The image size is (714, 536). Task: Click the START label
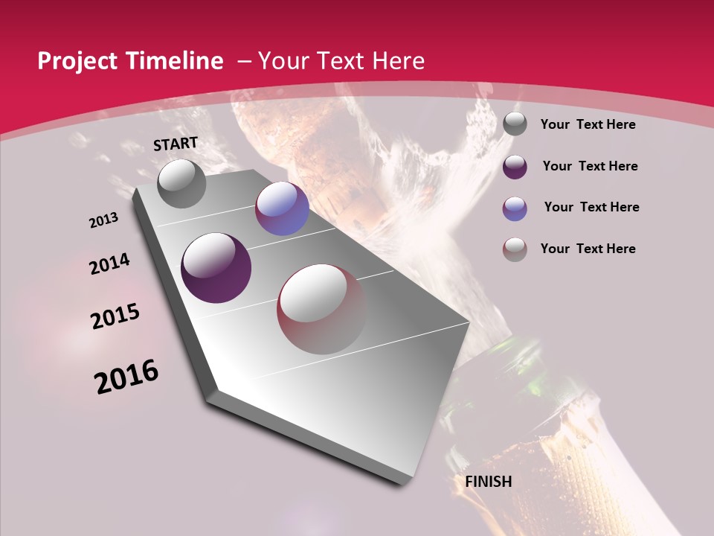pos(176,144)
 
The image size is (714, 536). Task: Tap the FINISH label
pos(489,482)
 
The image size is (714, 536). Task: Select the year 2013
pos(103,220)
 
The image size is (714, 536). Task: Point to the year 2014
pos(109,264)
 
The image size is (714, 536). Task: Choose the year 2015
pos(115,316)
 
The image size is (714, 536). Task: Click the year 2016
pos(126,377)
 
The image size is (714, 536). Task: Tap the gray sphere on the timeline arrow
pos(181,183)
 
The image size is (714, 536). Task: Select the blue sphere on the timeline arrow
pos(282,208)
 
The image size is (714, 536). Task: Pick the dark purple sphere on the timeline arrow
pos(216,268)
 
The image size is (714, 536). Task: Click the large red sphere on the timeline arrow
pos(322,309)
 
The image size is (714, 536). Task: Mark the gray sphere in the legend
pos(515,124)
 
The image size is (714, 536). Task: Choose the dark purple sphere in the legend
pos(515,167)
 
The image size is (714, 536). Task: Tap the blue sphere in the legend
pos(515,208)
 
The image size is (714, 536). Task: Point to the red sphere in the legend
pos(515,249)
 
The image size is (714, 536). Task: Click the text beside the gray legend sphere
pos(588,125)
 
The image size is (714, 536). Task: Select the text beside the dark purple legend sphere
pos(590,166)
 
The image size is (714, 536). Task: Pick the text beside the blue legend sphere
pos(591,207)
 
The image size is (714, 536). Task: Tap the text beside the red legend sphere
pos(588,249)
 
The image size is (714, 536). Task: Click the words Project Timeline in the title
pos(130,61)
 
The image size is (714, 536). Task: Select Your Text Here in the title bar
pos(341,61)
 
